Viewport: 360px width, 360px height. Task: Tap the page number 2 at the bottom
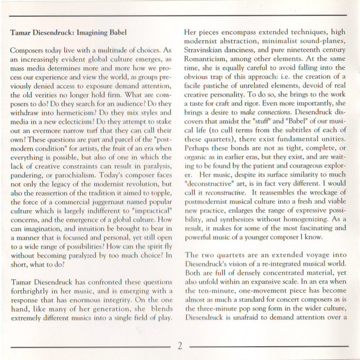tap(179, 344)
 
